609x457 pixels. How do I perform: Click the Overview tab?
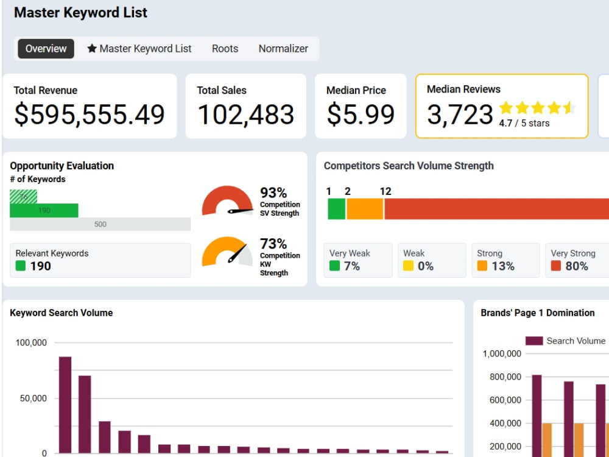click(46, 49)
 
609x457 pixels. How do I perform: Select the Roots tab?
click(225, 49)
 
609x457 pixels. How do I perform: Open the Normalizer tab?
click(283, 49)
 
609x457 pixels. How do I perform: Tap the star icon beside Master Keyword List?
click(92, 48)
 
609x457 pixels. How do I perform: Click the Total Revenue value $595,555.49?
click(90, 115)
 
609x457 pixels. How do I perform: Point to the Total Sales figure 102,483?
click(245, 115)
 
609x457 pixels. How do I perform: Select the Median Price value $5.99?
click(361, 115)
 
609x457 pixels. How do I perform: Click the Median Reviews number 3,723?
click(460, 115)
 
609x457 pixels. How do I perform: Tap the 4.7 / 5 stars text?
click(524, 123)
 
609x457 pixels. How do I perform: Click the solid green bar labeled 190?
click(44, 210)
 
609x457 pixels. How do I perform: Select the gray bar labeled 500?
click(100, 224)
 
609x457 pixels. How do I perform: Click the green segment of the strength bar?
click(336, 209)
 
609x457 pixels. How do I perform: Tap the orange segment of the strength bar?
click(365, 209)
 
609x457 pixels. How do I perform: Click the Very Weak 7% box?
click(357, 260)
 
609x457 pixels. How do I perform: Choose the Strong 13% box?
click(505, 260)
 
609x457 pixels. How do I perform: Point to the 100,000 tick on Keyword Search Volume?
click(31, 342)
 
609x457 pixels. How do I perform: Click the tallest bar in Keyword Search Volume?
click(65, 405)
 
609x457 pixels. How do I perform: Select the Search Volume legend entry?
click(565, 341)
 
